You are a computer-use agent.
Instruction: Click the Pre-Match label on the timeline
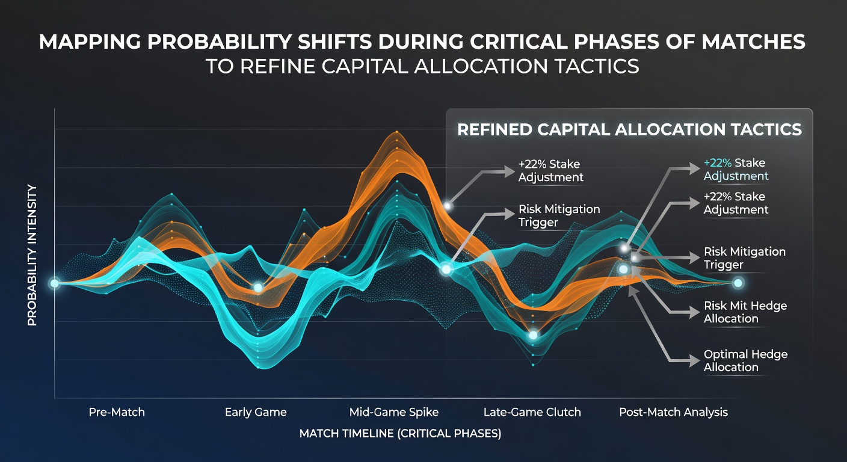pyautogui.click(x=117, y=412)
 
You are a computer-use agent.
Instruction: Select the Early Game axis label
pyautogui.click(x=256, y=412)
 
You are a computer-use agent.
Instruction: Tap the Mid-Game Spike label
pyautogui.click(x=393, y=412)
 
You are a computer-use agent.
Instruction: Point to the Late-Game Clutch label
pyautogui.click(x=532, y=412)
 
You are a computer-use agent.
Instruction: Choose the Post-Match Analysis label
pyautogui.click(x=673, y=412)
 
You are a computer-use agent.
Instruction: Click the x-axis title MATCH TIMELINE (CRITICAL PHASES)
pyautogui.click(x=400, y=433)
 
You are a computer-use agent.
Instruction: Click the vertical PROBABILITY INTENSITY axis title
pyautogui.click(x=32, y=255)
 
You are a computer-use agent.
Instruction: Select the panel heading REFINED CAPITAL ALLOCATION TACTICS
pyautogui.click(x=629, y=129)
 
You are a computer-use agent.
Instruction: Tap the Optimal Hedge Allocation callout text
pyautogui.click(x=745, y=361)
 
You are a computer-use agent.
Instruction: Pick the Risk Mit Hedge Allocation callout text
pyautogui.click(x=745, y=312)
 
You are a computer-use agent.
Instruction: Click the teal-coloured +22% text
pyautogui.click(x=717, y=163)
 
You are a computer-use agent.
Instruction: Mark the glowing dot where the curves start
pyautogui.click(x=55, y=283)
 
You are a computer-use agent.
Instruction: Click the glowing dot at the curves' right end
pyautogui.click(x=738, y=283)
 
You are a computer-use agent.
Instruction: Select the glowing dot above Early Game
pyautogui.click(x=258, y=288)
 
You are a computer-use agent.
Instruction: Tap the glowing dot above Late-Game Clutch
pyautogui.click(x=533, y=335)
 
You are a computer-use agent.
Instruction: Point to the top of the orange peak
pyautogui.click(x=396, y=132)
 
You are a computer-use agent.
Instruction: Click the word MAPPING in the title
pyautogui.click(x=90, y=42)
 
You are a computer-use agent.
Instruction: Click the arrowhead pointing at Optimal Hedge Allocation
pyautogui.click(x=694, y=361)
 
